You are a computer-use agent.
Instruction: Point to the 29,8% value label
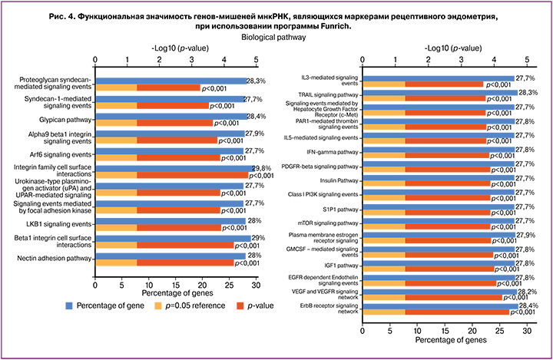tap(263, 167)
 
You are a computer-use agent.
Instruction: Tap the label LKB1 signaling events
tap(61, 223)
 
